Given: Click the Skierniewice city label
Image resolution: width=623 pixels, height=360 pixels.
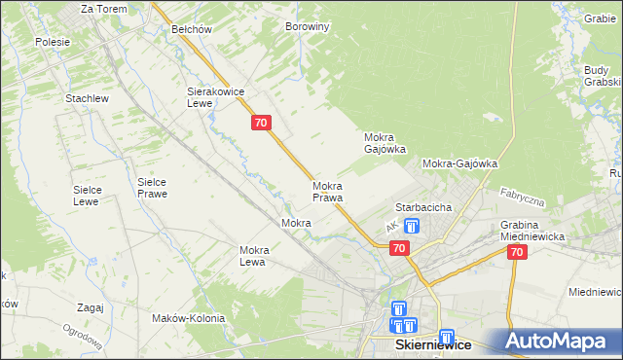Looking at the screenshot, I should tap(432, 345).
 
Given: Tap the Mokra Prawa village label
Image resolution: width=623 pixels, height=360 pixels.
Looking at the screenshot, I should tap(328, 192).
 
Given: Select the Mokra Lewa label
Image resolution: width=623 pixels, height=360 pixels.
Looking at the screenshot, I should tap(254, 256).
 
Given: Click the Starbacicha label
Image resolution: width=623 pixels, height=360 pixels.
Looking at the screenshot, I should tap(421, 208).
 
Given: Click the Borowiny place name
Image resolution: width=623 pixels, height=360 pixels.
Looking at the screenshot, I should tap(307, 27).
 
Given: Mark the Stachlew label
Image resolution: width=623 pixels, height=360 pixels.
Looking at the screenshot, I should tap(86, 99).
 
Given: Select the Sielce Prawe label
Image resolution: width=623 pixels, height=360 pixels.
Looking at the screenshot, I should tap(152, 188).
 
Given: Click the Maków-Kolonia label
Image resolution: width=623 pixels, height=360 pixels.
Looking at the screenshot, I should tap(188, 318).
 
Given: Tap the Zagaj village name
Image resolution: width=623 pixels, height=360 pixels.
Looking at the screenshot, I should tap(89, 307).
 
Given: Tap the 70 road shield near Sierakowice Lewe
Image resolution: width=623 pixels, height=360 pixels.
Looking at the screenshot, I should tap(260, 123).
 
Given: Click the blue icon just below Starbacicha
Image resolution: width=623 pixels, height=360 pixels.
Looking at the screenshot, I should tap(411, 227).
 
